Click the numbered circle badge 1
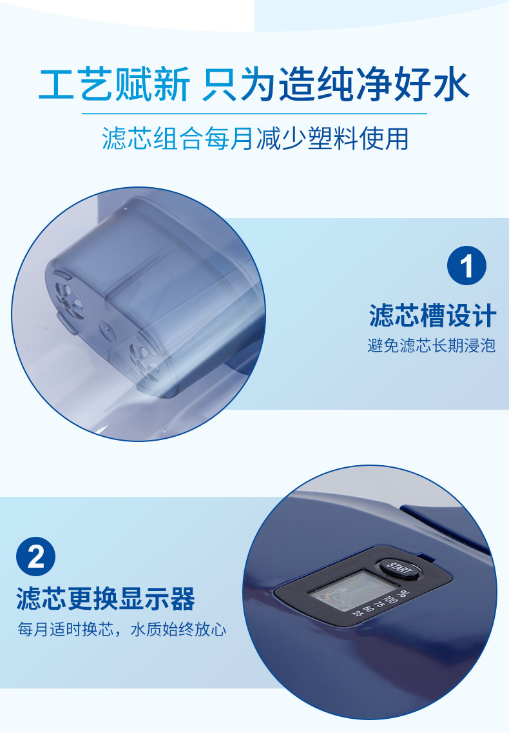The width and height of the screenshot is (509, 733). click(x=466, y=266)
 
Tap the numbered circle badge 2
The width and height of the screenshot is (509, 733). click(x=36, y=557)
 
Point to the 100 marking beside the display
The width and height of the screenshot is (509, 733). click(x=390, y=600)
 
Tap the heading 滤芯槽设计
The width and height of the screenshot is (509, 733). click(x=432, y=316)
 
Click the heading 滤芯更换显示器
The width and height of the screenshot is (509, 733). click(x=106, y=598)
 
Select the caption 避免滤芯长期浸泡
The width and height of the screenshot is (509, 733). click(x=432, y=346)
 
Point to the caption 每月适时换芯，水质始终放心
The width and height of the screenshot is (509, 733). click(x=122, y=629)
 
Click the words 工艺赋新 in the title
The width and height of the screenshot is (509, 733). click(x=115, y=85)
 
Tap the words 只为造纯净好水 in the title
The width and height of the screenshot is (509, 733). click(x=335, y=85)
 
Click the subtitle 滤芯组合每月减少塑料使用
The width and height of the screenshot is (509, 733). click(x=255, y=138)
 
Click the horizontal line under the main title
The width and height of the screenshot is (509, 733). click(x=254, y=114)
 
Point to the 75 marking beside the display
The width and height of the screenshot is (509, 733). click(x=379, y=605)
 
